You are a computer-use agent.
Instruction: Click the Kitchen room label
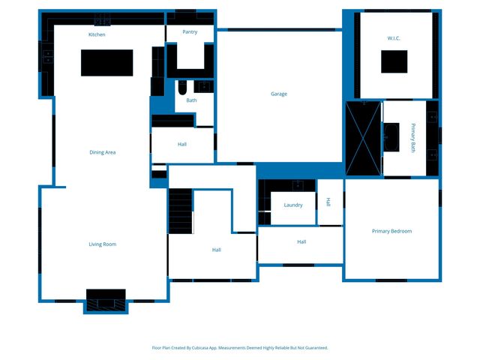point(97,34)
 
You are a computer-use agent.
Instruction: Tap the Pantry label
point(190,32)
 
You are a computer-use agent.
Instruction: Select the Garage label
point(279,94)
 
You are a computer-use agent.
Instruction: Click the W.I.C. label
point(394,37)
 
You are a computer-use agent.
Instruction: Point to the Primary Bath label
point(412,137)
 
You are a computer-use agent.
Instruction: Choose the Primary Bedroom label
point(391,231)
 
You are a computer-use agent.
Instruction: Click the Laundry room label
point(292,205)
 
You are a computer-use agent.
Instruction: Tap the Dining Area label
point(102,152)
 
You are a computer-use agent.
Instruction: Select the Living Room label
point(102,244)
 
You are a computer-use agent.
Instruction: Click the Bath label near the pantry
point(191,100)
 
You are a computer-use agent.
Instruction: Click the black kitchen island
point(106,62)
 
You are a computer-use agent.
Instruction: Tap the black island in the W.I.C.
point(394,61)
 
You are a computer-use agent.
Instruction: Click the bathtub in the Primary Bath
point(392,138)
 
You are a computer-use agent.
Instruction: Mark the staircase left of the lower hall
point(180,212)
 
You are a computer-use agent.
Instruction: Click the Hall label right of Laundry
point(328,202)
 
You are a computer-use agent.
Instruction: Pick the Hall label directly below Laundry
point(301,241)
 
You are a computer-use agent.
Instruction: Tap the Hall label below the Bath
point(182,144)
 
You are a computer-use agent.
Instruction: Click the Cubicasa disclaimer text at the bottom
point(240,347)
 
